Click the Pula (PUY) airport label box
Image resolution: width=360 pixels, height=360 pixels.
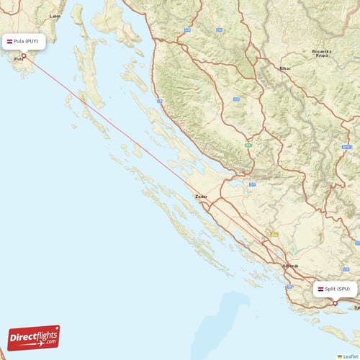point(25,42)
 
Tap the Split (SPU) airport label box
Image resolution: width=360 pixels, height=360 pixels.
point(335,289)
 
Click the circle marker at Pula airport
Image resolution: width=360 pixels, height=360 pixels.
point(24,55)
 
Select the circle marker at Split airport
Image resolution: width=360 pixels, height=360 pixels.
point(335,303)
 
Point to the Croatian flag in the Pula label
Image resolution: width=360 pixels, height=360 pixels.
point(9,42)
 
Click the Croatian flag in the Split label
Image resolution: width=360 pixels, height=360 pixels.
point(320,289)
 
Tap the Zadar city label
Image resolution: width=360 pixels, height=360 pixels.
point(201,196)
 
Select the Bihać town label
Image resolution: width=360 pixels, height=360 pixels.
point(284,68)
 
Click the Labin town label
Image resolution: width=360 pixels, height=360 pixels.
point(55,15)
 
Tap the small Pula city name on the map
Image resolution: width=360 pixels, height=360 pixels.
point(19,69)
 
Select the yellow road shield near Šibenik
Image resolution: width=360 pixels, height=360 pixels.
point(274,234)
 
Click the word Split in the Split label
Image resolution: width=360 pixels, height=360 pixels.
point(330,289)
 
